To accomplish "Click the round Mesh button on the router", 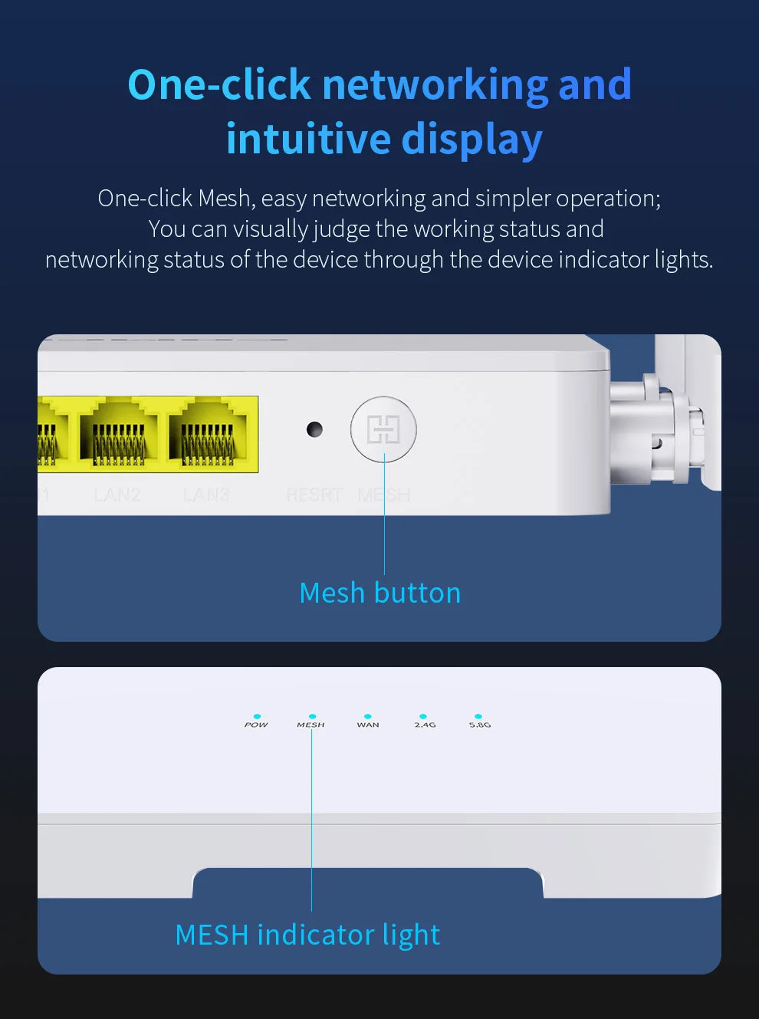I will pyautogui.click(x=383, y=429).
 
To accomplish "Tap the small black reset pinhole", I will pyautogui.click(x=314, y=429).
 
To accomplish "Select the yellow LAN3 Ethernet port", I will pyautogui.click(x=208, y=435).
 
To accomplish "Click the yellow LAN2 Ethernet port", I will pyautogui.click(x=119, y=435).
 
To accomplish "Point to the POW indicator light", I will pyautogui.click(x=257, y=716).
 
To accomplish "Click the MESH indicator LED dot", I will pyautogui.click(x=312, y=716).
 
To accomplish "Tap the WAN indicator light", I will pyautogui.click(x=368, y=716).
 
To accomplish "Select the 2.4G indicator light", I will pyautogui.click(x=423, y=716).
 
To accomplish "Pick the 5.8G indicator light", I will pyautogui.click(x=478, y=716).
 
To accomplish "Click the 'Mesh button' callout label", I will pyautogui.click(x=379, y=593).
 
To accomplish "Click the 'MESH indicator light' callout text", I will pyautogui.click(x=307, y=935).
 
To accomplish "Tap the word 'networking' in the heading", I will pyautogui.click(x=435, y=84).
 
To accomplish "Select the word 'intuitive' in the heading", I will pyautogui.click(x=308, y=140).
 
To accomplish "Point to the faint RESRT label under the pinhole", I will pyautogui.click(x=314, y=495).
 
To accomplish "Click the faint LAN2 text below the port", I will pyautogui.click(x=117, y=495).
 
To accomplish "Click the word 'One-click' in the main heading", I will pyautogui.click(x=219, y=84).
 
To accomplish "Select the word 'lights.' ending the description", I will pyautogui.click(x=684, y=260).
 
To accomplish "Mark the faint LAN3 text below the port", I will pyautogui.click(x=206, y=495).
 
